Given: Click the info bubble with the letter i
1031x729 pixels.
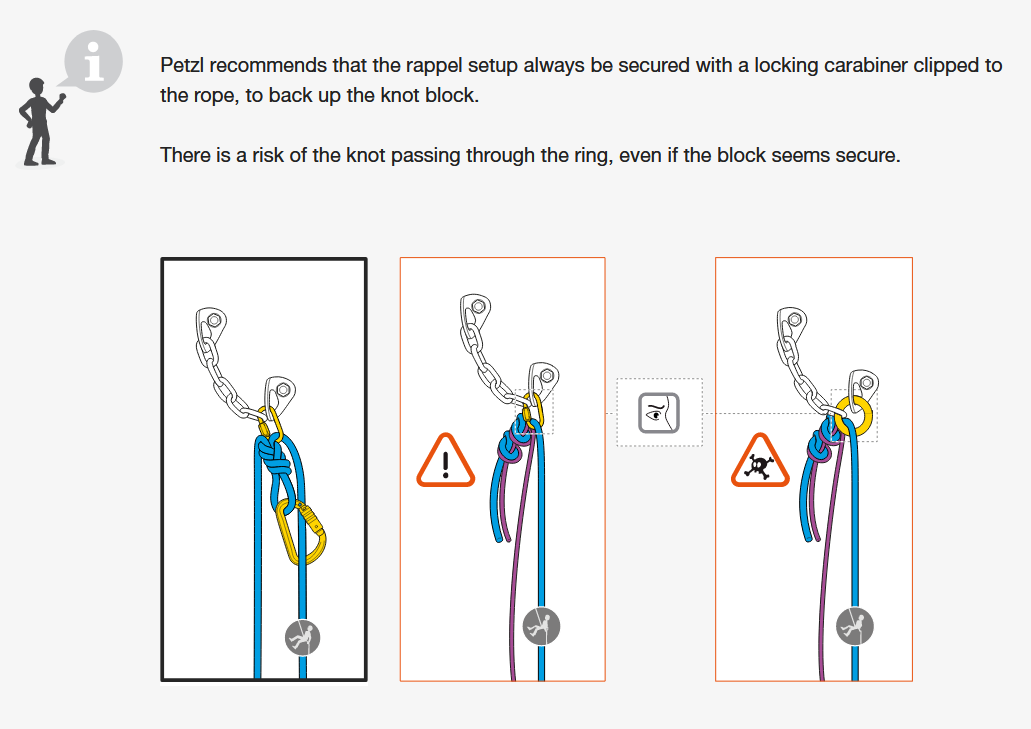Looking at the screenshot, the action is (93, 60).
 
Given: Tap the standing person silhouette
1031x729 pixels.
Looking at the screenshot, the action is (40, 122).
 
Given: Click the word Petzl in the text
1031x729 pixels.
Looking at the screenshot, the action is (182, 65).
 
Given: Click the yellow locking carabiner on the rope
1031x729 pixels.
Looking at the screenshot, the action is (301, 531).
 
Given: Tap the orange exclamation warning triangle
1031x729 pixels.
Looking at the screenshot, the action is (445, 461).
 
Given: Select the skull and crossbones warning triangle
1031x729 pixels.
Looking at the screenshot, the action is (760, 461).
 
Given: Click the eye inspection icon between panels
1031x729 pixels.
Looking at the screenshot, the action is (659, 413).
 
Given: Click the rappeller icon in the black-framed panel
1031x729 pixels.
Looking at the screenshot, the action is (302, 638).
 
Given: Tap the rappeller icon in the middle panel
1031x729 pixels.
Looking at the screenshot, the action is (541, 626).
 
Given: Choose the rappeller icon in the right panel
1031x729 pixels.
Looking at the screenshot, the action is (855, 626).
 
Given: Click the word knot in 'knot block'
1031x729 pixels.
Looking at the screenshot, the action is (405, 95).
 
